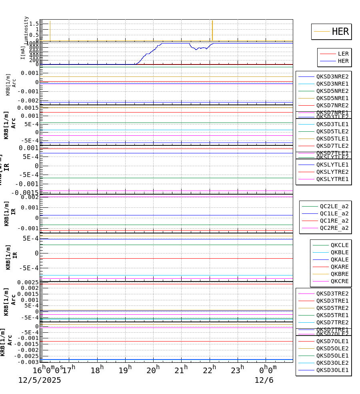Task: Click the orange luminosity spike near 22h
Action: click(x=212, y=30)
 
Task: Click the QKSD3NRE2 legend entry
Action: click(x=332, y=76)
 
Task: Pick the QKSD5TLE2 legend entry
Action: click(x=332, y=131)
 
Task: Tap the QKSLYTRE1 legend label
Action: click(x=332, y=179)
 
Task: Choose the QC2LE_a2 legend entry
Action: click(x=334, y=206)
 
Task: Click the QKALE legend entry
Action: click(x=339, y=259)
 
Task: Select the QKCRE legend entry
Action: click(x=339, y=281)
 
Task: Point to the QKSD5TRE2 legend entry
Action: click(x=332, y=308)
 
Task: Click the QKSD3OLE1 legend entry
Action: click(x=332, y=370)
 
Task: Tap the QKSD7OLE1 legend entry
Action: click(x=332, y=341)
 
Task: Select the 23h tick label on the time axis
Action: click(x=238, y=370)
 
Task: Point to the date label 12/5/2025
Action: click(x=40, y=380)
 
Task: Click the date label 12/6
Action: click(x=264, y=380)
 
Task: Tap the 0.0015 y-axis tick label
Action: click(x=27, y=108)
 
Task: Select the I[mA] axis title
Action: click(x=23, y=52)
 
